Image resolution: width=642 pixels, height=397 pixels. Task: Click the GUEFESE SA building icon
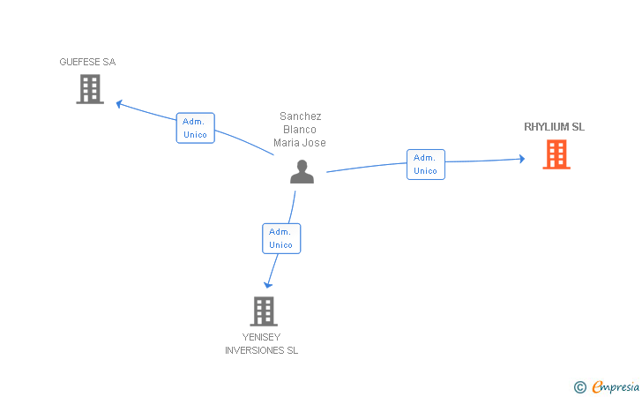(90, 89)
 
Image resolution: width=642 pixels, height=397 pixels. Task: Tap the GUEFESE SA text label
(87, 62)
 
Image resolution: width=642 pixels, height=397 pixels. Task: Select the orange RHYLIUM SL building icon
(556, 154)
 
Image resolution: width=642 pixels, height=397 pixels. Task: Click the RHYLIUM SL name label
(554, 127)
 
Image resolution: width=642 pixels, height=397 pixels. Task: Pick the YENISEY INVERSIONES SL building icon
(263, 311)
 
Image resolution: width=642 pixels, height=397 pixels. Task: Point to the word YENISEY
(261, 337)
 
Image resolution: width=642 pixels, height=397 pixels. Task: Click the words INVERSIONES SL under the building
(261, 350)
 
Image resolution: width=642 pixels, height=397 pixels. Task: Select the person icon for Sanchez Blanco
(302, 171)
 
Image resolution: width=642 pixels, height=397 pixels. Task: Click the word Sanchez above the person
(300, 116)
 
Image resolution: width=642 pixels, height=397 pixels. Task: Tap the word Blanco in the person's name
(300, 130)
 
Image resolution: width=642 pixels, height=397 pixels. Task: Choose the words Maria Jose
(300, 143)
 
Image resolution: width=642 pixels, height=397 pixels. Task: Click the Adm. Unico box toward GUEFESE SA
(195, 128)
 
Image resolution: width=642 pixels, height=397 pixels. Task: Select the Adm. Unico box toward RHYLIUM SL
(425, 164)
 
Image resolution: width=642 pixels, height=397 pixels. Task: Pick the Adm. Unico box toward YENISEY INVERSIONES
(280, 238)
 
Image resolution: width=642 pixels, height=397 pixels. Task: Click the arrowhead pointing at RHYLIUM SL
(521, 159)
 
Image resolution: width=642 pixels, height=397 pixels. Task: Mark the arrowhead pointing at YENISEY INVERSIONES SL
(268, 284)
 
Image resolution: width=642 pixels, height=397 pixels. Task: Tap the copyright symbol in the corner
(579, 386)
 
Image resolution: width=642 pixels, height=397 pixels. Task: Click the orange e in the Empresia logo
(597, 386)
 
